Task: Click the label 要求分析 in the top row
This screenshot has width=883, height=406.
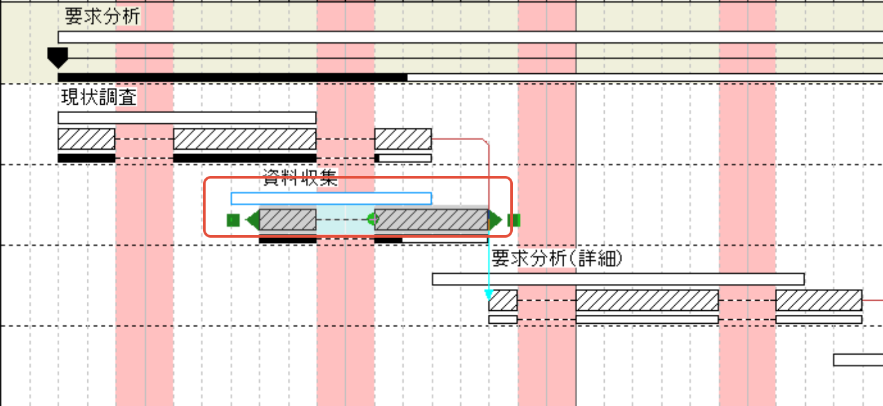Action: [x=102, y=17]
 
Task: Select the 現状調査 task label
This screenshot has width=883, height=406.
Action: [x=98, y=98]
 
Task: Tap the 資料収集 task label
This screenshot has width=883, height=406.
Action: [x=301, y=179]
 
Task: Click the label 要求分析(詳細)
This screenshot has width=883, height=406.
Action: [x=557, y=259]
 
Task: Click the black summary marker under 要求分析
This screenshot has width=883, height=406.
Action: [x=58, y=57]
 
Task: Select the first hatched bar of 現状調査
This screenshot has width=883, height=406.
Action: [x=86, y=139]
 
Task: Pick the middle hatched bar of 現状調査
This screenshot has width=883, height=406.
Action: [x=244, y=139]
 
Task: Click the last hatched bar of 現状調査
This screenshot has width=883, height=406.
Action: [x=403, y=139]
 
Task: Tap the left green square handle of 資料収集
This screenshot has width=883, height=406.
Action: [x=233, y=220]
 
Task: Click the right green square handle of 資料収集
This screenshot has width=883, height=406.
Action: [x=513, y=220]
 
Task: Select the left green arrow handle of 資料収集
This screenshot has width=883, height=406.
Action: [x=253, y=220]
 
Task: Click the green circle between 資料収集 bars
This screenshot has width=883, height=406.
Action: [x=372, y=219]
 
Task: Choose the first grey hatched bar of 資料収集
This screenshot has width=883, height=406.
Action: [x=287, y=220]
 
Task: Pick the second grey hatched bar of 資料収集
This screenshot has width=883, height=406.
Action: [x=431, y=220]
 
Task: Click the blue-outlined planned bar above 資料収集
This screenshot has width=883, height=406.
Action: [x=331, y=199]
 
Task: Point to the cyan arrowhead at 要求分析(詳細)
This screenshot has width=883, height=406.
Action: [x=489, y=296]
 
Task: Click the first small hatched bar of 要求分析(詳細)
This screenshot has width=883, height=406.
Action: [x=503, y=300]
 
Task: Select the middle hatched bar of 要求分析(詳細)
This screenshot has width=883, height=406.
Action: [x=647, y=300]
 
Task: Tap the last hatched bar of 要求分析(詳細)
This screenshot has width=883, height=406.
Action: [x=818, y=300]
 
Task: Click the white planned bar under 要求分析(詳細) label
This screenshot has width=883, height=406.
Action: [x=618, y=279]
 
